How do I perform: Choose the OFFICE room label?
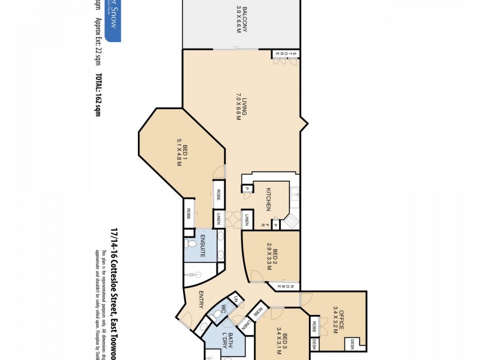tap(342, 315)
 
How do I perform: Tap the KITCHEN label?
tap(270, 199)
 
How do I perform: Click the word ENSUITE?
tap(203, 247)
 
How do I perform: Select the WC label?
tap(218, 311)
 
